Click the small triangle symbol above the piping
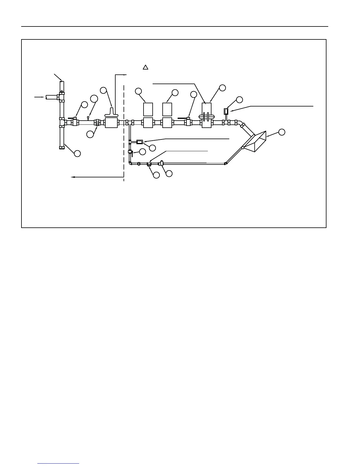coord(145,67)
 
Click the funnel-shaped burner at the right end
coord(255,142)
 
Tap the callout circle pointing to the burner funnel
coord(282,132)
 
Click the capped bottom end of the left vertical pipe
coord(62,148)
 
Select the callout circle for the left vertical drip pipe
coord(77,153)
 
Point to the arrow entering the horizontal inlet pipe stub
coord(39,96)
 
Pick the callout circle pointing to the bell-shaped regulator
coord(103,90)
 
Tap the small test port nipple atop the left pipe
coord(88,117)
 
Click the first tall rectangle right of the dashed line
coord(148,109)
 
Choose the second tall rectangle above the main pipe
coord(167,109)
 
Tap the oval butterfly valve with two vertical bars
coord(207,116)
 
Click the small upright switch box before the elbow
coord(226,111)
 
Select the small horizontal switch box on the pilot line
coord(140,142)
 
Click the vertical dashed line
coord(124,132)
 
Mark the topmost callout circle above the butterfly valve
coord(223,87)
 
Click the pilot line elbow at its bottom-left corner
coord(130,163)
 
